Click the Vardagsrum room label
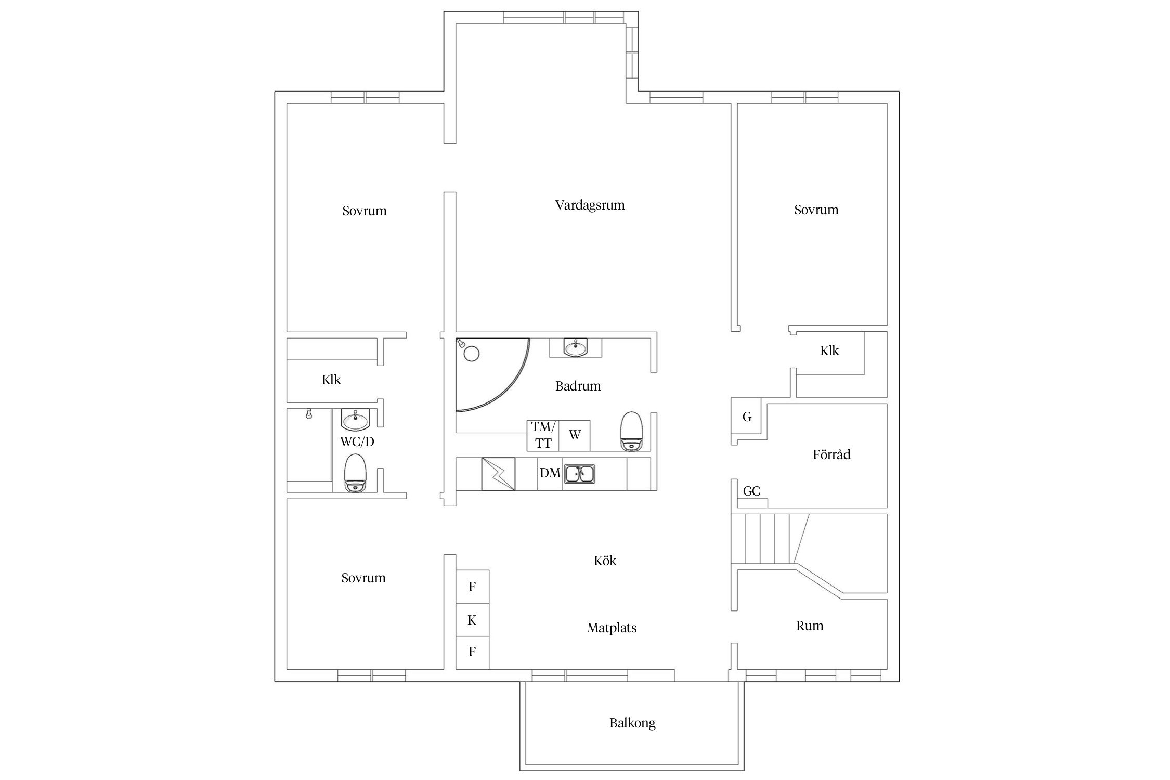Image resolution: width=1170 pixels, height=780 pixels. tap(590, 205)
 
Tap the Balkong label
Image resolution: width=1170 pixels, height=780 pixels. tap(632, 723)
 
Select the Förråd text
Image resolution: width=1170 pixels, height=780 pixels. tap(831, 454)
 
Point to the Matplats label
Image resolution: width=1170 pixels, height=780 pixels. tap(612, 628)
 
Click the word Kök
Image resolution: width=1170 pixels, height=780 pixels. tap(605, 561)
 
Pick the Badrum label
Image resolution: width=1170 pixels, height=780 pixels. tap(578, 386)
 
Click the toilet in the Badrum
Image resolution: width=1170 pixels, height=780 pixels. tap(632, 431)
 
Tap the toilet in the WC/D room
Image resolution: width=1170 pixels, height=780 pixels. tap(356, 473)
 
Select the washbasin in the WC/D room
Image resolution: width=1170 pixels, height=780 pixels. tap(356, 420)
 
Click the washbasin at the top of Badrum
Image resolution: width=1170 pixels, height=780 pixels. tap(576, 347)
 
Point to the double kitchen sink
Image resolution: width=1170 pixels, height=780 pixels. tap(580, 474)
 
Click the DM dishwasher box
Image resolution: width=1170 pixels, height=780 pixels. tap(550, 474)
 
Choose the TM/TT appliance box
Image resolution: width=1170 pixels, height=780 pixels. tap(543, 435)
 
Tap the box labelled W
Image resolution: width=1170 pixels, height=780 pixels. tap(575, 435)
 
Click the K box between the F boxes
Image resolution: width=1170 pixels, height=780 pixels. tap(472, 620)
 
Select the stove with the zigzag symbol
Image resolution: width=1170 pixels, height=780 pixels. tap(498, 474)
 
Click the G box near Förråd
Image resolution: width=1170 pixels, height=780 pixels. tap(746, 417)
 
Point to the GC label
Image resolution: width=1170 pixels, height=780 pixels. tap(751, 491)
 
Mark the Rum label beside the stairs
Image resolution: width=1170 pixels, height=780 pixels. tap(810, 626)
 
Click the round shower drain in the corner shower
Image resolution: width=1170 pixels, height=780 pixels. tap(471, 354)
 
